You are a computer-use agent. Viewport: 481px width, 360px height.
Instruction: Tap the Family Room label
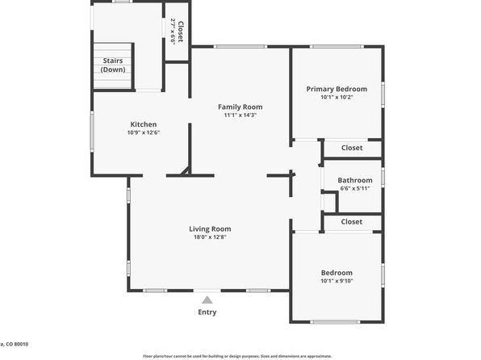coord(240,107)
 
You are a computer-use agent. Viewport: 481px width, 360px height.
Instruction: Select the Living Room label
coord(210,228)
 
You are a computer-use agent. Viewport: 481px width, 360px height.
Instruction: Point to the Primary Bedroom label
coord(336,89)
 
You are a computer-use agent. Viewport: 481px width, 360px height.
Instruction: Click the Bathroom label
coord(354,180)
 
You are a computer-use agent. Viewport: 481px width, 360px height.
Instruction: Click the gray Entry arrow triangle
coord(207,299)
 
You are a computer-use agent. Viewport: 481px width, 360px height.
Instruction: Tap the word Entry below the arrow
coord(207,312)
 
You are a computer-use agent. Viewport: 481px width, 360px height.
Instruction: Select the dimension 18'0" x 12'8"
coord(210,237)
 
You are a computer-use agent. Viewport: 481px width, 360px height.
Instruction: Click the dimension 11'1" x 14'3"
coord(240,115)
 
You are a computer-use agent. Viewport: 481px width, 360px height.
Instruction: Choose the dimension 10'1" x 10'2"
coord(336,97)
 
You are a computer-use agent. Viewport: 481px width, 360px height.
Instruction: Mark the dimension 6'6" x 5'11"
coord(354,188)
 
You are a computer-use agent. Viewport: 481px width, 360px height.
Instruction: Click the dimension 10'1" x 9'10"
coord(336,281)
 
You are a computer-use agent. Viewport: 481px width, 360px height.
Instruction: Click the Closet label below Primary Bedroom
coord(351,148)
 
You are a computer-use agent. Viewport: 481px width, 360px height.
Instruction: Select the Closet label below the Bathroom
coord(351,221)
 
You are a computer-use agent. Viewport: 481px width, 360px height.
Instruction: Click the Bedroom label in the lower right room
coord(336,273)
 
